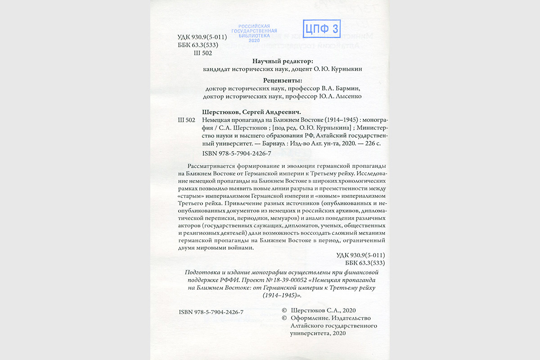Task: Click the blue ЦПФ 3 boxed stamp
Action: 321,29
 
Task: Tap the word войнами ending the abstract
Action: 244,248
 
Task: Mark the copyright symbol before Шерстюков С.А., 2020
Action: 284,310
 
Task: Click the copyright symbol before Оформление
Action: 284,318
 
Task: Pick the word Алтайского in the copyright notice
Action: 309,326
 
